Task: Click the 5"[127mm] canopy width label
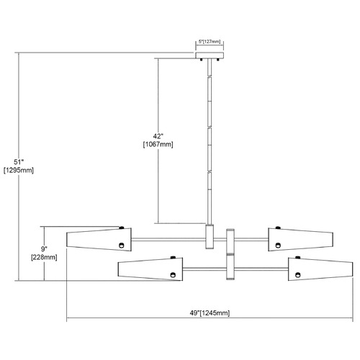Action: pos(210,42)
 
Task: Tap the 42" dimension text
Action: pos(158,136)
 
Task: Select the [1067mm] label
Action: pos(158,145)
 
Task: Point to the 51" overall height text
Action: pos(19,162)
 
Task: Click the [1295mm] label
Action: pos(19,171)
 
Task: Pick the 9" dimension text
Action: pos(44,249)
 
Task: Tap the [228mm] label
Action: pos(44,257)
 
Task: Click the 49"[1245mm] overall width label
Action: pos(210,313)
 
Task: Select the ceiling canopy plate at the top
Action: pos(210,55)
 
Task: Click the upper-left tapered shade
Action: pos(99,240)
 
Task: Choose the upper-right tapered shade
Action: pos(300,240)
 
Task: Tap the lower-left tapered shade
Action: pos(150,269)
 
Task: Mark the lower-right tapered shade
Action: pos(320,269)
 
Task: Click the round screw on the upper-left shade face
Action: pos(122,246)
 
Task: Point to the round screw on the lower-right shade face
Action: pos(298,275)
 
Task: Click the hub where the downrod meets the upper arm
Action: pos(210,236)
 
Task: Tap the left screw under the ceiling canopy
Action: pos(202,60)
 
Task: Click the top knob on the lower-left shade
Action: pos(173,258)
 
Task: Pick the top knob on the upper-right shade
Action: pos(278,228)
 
